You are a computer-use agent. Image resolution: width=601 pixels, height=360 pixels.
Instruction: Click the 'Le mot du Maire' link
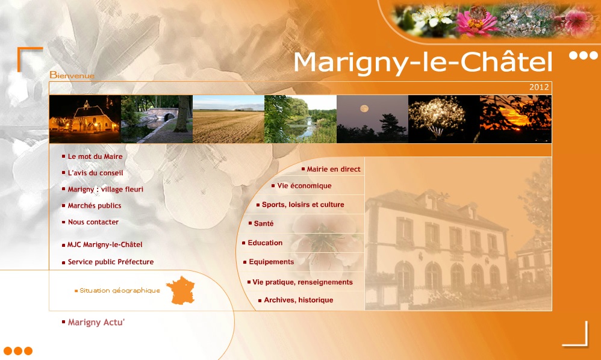coord(95,157)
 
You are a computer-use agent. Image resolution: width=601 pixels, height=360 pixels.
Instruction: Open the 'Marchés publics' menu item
coord(95,206)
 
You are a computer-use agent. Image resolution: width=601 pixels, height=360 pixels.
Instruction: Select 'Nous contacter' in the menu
coord(93,222)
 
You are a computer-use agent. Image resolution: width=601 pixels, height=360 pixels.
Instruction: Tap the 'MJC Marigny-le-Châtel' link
coord(105,245)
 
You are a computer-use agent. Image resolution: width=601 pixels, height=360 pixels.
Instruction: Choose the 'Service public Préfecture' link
coord(111,262)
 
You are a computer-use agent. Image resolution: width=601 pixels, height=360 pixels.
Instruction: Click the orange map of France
coord(181,290)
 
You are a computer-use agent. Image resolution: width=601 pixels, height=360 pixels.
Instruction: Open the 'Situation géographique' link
coord(120,291)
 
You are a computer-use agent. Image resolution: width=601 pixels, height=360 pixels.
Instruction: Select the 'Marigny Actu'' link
coord(96,323)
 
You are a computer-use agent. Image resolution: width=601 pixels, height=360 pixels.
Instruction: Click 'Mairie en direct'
coord(334,169)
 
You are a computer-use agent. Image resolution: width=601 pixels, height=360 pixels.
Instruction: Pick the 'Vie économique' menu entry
coord(304,186)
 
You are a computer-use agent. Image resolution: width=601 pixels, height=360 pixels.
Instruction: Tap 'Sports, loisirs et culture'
coord(303,205)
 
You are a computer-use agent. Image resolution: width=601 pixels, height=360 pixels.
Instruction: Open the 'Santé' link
coord(264,223)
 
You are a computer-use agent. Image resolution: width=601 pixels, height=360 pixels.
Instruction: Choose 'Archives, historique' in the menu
coord(299,300)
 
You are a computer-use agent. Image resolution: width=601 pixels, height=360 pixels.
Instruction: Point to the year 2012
coord(539,87)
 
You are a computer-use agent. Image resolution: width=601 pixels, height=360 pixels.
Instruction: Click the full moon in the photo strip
coord(364,109)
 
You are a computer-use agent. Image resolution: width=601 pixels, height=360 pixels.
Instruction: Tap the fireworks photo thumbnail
coord(444,119)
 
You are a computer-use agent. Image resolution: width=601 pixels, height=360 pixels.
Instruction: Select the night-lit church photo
coord(85,119)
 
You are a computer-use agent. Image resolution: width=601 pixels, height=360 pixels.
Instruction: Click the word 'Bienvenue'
coord(72,75)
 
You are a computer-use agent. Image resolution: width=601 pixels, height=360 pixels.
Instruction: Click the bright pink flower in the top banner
coord(476,22)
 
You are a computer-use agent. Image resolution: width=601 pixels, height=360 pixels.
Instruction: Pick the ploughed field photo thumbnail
coord(228,119)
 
